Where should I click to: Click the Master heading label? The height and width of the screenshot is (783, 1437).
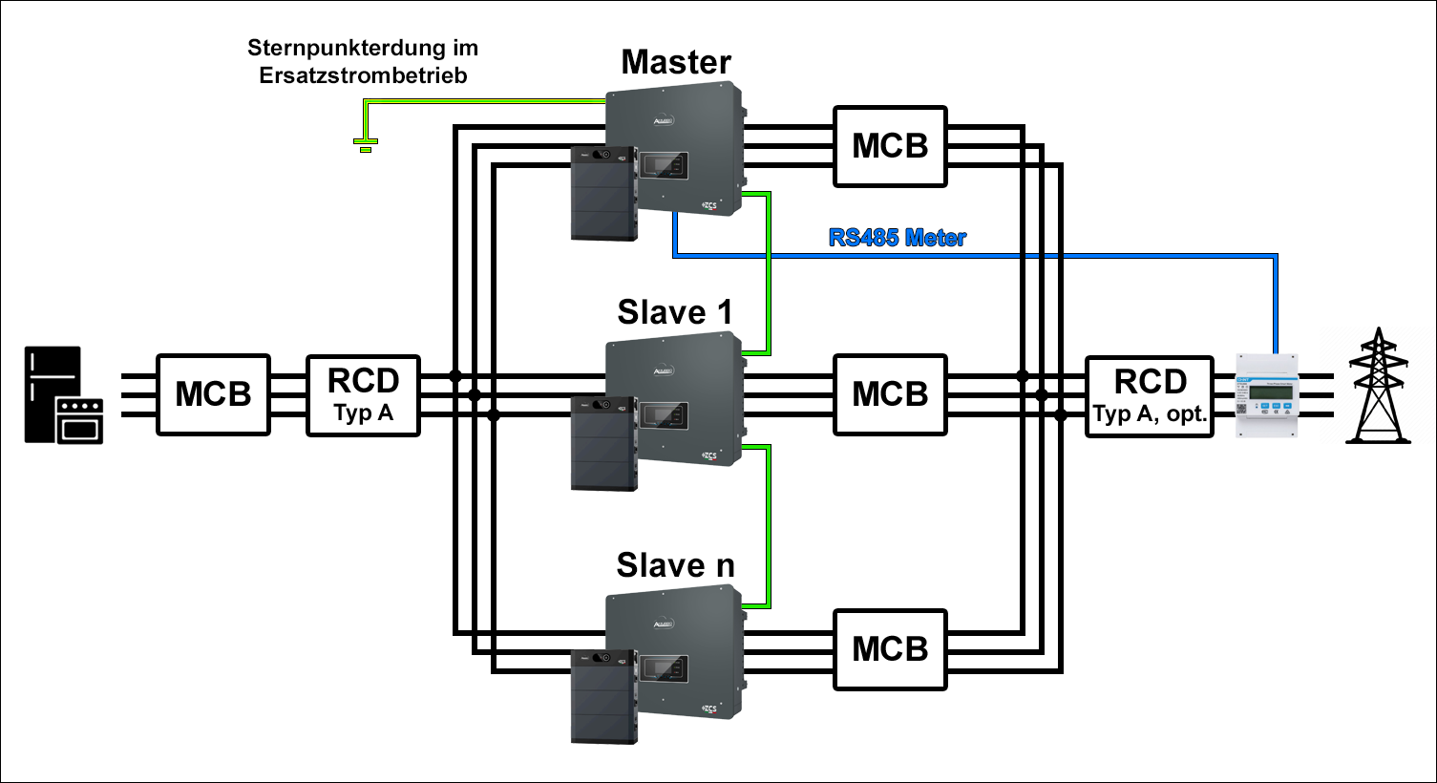[x=676, y=62]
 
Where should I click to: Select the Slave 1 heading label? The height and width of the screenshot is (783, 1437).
[x=675, y=312]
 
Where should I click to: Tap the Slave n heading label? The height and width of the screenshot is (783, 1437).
[x=675, y=565]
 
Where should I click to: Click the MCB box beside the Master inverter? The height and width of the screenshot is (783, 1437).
[x=890, y=146]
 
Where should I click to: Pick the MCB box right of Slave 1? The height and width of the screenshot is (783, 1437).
[x=890, y=394]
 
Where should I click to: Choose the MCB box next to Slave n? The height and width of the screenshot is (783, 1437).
[x=890, y=649]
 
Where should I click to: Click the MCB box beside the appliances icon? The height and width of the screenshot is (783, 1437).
[x=213, y=394]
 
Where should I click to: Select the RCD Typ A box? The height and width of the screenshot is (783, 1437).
[x=363, y=394]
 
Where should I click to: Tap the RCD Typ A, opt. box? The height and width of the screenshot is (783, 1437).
[x=1150, y=395]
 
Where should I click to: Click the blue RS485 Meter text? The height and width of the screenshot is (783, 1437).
[x=897, y=238]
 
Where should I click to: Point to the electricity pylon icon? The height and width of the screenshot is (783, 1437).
[x=1378, y=387]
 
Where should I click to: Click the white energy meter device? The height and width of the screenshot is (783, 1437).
[x=1267, y=394]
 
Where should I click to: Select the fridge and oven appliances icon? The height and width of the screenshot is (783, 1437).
[x=63, y=395]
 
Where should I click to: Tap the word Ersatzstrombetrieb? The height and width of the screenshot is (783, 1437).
[x=363, y=75]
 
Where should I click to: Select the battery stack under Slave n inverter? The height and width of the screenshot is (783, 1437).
[x=603, y=697]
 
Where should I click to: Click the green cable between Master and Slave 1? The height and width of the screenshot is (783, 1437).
[x=769, y=272]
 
